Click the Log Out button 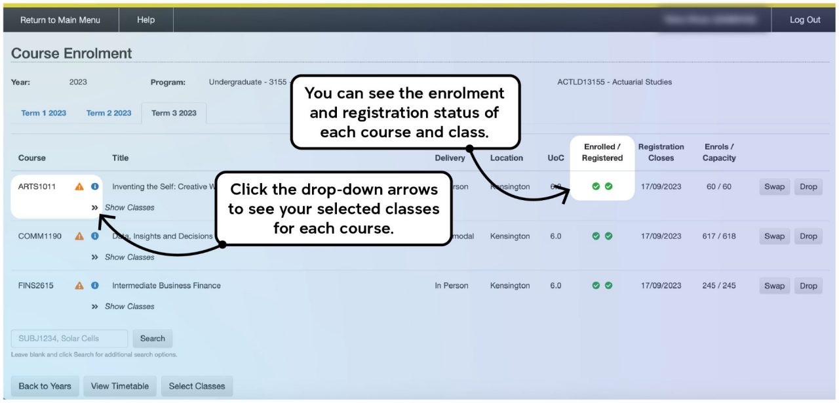[x=804, y=20]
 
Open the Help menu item [x=146, y=20]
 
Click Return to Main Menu [x=60, y=20]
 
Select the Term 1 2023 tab [x=43, y=113]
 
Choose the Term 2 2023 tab [x=109, y=113]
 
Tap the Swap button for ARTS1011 [x=774, y=186]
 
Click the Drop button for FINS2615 [x=808, y=286]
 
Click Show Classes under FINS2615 [x=129, y=307]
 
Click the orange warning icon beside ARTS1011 [x=79, y=186]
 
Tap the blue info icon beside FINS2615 [x=95, y=286]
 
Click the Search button [x=152, y=339]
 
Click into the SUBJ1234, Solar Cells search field [x=69, y=339]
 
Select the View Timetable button [x=119, y=386]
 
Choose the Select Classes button [x=197, y=386]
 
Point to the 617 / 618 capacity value [x=718, y=236]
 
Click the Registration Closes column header [x=661, y=152]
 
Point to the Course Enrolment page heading [x=71, y=54]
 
